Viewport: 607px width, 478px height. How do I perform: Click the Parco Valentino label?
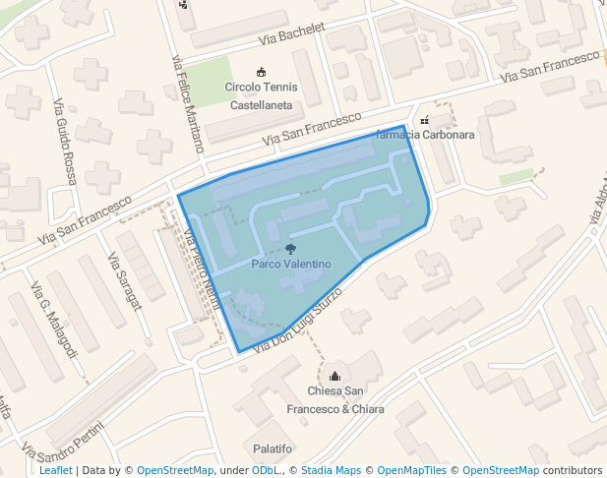[x=290, y=265]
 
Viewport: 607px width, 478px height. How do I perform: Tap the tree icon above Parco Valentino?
[x=289, y=249]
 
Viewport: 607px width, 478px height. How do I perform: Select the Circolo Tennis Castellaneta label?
[x=261, y=95]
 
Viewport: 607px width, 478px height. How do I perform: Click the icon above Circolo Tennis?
[x=261, y=72]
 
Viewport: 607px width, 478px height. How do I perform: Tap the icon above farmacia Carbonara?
[x=424, y=119]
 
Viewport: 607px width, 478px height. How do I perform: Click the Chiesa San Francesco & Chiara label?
[x=334, y=399]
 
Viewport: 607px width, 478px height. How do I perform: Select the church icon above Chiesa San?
[x=334, y=376]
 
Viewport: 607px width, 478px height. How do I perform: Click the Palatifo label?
[x=273, y=448]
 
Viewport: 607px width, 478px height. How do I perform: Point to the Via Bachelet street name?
[x=292, y=34]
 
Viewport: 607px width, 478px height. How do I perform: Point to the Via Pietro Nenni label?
[x=201, y=269]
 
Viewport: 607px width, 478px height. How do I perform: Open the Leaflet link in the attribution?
[x=55, y=470]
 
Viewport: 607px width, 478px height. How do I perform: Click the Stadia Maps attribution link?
[x=331, y=470]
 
